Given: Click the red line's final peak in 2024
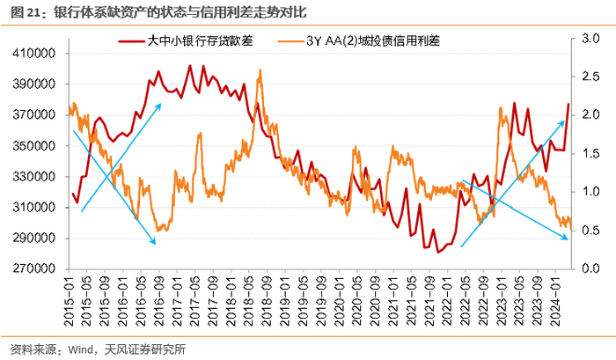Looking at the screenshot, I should [568, 104].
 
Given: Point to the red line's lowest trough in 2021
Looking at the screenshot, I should [438, 252].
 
